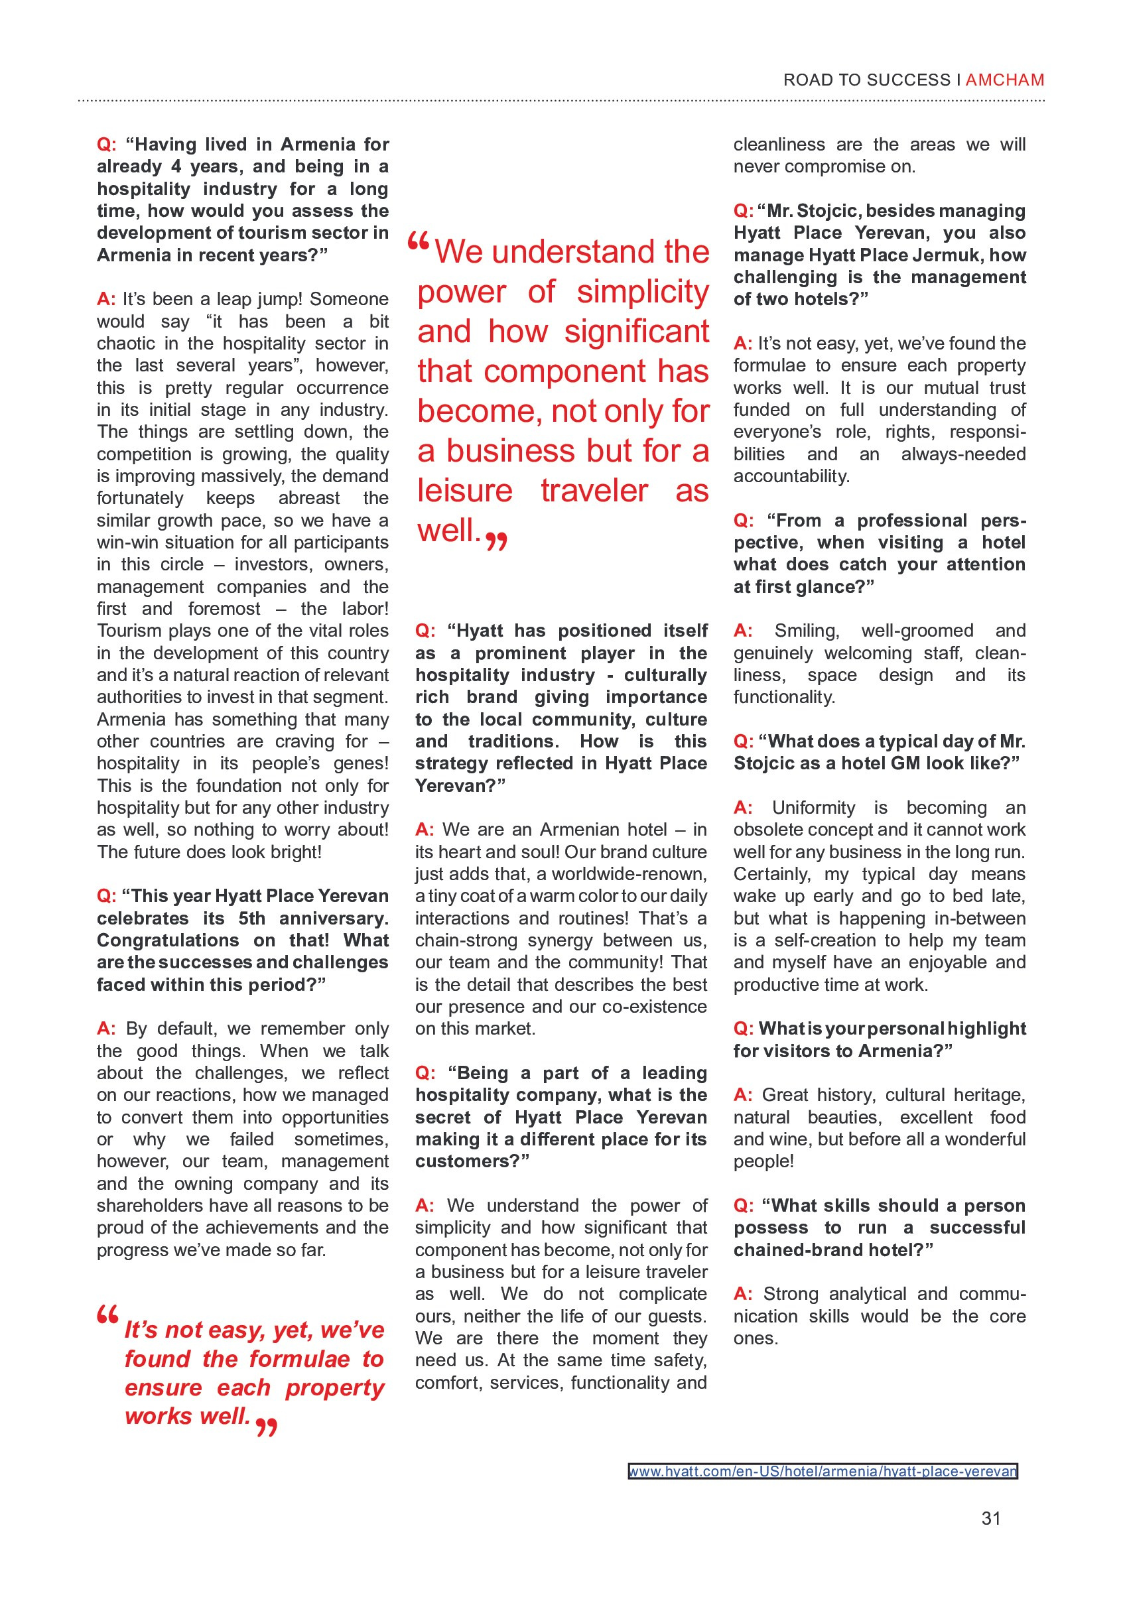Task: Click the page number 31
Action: click(990, 1519)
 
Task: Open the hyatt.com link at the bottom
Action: click(822, 1471)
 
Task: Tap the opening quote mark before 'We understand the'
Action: click(418, 243)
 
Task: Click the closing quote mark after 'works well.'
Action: click(266, 1427)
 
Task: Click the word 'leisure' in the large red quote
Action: click(464, 491)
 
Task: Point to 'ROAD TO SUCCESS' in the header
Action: click(866, 80)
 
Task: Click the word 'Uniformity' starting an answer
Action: click(813, 808)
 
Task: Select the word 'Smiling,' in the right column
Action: click(807, 631)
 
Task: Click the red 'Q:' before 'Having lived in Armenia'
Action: click(106, 145)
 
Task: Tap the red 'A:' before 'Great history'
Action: click(742, 1095)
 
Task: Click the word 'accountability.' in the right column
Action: click(781, 476)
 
